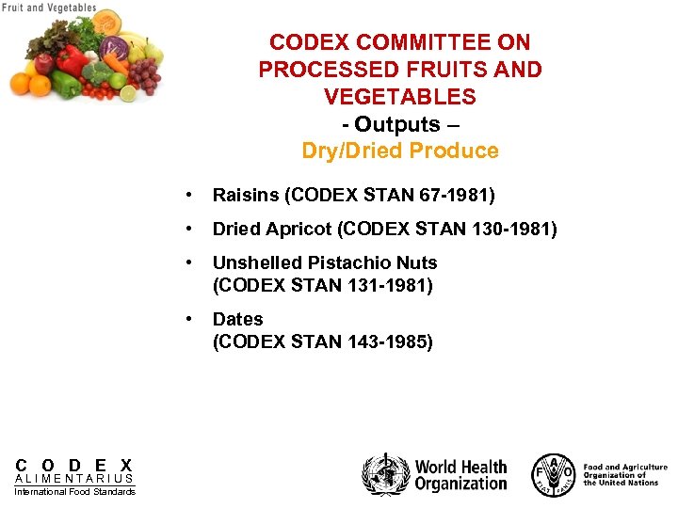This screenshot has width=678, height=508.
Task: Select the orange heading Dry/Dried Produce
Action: [x=400, y=151]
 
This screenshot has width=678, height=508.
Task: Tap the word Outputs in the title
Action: [x=396, y=124]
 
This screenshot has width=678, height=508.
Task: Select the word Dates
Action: [x=238, y=319]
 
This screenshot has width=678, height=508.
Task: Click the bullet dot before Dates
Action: [x=192, y=319]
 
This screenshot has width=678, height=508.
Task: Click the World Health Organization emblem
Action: [x=386, y=474]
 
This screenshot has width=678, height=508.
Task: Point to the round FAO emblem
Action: [x=553, y=474]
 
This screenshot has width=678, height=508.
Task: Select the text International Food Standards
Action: [x=74, y=492]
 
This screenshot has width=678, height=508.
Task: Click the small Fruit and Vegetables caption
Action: [x=49, y=8]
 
